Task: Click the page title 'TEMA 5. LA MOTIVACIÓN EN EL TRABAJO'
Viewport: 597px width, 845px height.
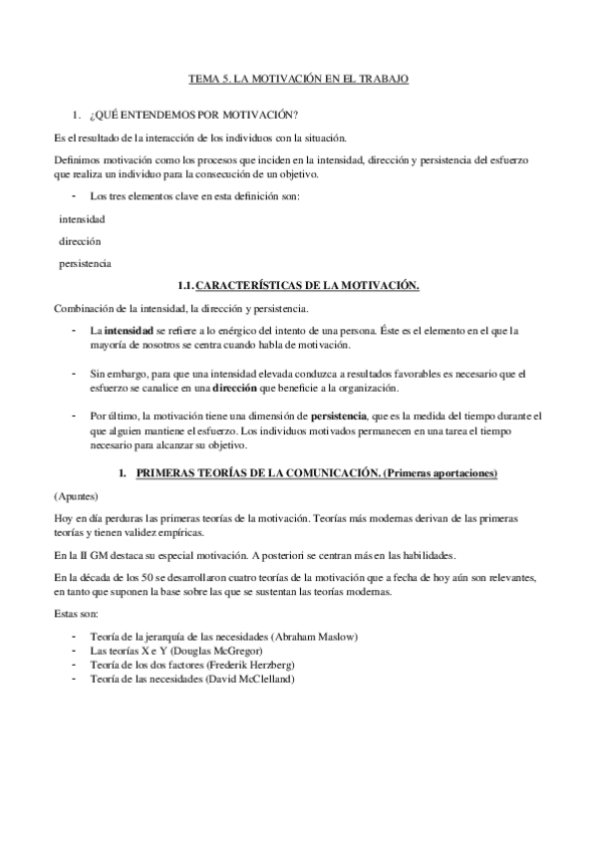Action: click(x=298, y=77)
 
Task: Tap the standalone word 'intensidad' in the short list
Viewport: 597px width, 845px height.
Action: click(x=82, y=218)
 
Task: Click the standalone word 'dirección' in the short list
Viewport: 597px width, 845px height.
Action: click(x=80, y=241)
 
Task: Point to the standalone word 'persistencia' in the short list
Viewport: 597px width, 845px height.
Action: click(x=85, y=264)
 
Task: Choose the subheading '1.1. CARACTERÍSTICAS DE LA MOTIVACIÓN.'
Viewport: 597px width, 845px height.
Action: click(x=297, y=286)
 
